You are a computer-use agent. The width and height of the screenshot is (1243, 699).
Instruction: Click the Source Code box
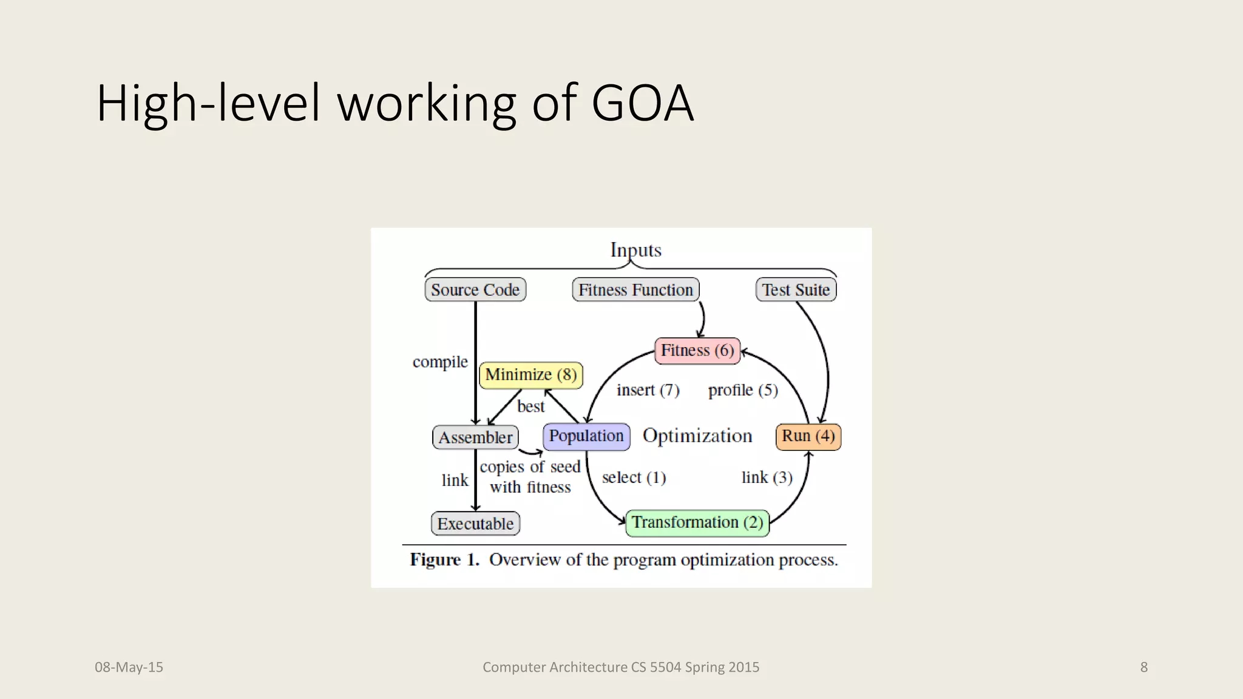tap(475, 289)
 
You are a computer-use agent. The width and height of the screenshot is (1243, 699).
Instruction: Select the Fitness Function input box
tap(635, 289)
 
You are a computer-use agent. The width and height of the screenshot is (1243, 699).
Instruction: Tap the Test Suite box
tap(796, 289)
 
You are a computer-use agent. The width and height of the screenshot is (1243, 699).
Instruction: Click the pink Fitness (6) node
tap(697, 351)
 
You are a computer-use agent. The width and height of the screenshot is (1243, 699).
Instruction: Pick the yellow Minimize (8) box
tap(531, 375)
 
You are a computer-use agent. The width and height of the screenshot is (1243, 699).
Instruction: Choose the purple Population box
tap(586, 436)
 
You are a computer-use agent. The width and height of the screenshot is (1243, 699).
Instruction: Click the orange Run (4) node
tap(808, 436)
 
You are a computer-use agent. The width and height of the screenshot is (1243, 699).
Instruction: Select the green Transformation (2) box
tap(697, 522)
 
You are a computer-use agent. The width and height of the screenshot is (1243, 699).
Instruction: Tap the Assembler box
tap(475, 437)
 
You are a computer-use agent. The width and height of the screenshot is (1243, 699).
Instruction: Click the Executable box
tap(475, 524)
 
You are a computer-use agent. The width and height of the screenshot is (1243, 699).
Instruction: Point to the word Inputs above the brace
tap(635, 249)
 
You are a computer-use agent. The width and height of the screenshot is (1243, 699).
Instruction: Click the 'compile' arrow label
tap(440, 362)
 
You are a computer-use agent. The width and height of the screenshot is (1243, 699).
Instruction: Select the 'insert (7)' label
tap(648, 390)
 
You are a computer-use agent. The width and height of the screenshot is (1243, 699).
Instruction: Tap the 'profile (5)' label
tap(743, 390)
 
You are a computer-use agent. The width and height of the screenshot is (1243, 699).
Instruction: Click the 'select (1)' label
tap(634, 478)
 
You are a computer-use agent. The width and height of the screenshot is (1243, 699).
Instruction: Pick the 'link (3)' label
tap(767, 478)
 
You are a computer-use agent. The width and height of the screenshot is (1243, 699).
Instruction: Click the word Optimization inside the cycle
tap(697, 436)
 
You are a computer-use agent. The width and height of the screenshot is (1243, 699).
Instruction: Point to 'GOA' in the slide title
tap(642, 103)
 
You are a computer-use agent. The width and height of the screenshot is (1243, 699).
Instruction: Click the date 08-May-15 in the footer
tap(129, 667)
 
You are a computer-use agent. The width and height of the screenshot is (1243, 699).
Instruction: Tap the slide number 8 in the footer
tap(1143, 667)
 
